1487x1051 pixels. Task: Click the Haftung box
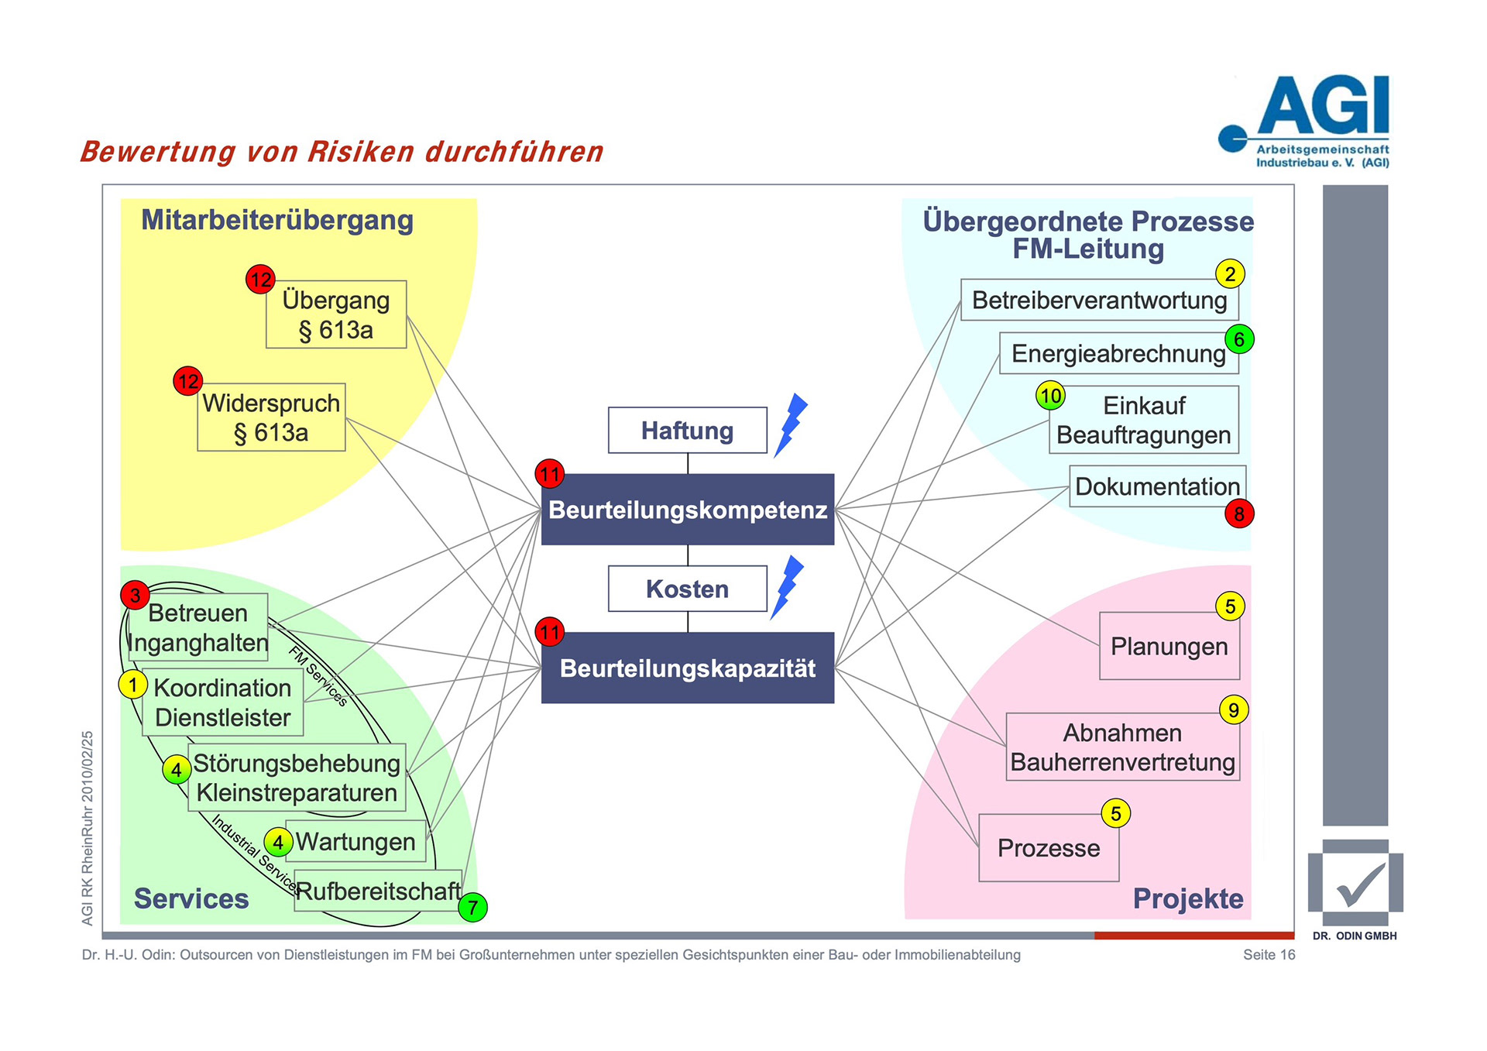687,430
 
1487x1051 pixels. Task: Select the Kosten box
687,589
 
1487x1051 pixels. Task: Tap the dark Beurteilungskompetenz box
687,510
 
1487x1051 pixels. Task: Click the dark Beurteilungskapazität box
687,668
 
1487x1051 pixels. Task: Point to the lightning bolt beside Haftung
790,424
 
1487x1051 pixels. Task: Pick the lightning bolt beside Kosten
787,586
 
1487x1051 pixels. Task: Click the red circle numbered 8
1239,513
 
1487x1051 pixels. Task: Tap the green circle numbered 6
1239,339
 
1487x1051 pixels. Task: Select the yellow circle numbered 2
1230,274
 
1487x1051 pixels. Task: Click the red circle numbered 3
136,596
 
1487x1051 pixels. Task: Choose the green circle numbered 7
472,907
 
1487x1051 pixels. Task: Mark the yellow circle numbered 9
1234,709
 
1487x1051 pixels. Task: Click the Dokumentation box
1157,486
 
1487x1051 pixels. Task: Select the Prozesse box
1049,848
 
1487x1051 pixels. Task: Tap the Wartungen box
355,842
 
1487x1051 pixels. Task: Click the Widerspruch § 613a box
271,417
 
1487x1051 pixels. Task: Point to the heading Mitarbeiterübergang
277,220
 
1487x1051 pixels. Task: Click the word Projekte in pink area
1188,898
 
